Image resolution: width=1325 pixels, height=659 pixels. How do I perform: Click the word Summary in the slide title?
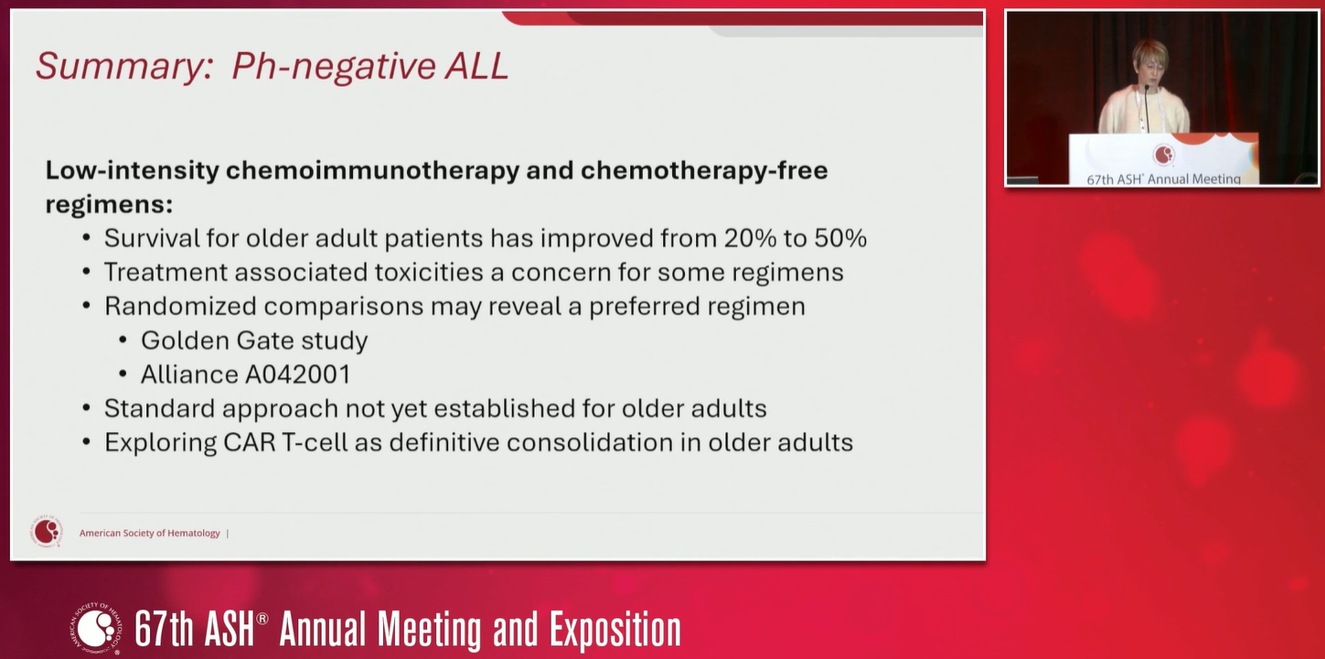pos(121,66)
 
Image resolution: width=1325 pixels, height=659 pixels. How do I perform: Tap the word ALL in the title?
pos(476,65)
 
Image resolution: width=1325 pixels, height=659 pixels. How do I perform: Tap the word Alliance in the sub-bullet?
pos(189,374)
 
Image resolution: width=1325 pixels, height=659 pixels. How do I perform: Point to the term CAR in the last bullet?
pos(249,442)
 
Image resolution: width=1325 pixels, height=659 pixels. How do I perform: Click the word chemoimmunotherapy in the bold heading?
pos(372,170)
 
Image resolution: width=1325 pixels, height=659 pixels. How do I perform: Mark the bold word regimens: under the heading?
pos(110,205)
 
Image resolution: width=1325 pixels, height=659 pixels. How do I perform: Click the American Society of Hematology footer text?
pos(150,533)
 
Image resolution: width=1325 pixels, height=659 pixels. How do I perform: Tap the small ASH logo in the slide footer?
pos(46,532)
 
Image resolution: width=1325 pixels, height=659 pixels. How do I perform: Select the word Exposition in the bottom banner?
pos(615,630)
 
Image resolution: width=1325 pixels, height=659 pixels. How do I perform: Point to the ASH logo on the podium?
pos(1163,155)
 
